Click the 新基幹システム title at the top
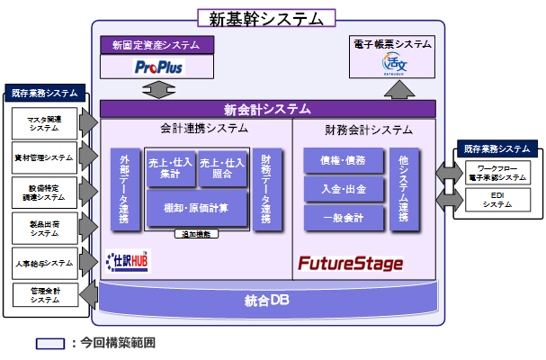(266, 17)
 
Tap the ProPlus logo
(157, 66)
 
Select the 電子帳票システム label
(395, 43)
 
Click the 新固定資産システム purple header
(157, 44)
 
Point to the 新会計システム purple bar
(266, 108)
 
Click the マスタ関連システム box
(44, 122)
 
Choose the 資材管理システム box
(44, 157)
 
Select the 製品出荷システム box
(44, 228)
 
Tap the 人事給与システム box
(44, 263)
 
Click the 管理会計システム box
(44, 295)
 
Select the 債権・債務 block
(343, 160)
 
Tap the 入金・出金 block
(343, 189)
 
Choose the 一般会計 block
(343, 218)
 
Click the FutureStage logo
(351, 264)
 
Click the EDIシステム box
(497, 200)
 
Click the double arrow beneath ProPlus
(157, 88)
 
